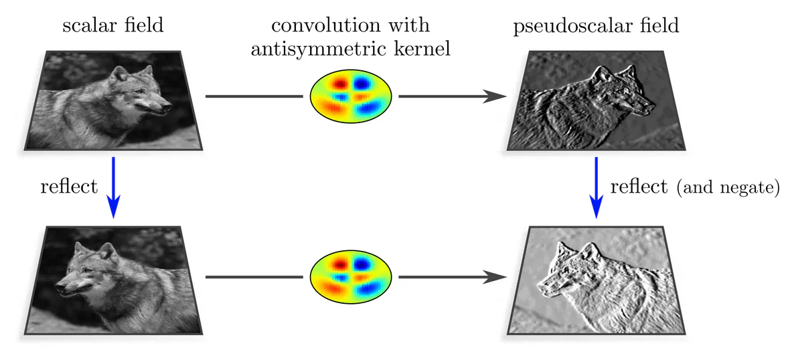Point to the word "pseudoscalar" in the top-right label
tap(568, 26)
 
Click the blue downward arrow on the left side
tap(113, 187)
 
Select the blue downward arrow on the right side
tap(596, 187)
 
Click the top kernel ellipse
tap(351, 96)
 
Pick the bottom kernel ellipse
tap(351, 276)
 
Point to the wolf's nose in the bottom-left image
tap(60, 288)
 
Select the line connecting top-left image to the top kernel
tap(254, 96)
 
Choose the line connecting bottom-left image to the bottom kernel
tap(254, 276)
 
